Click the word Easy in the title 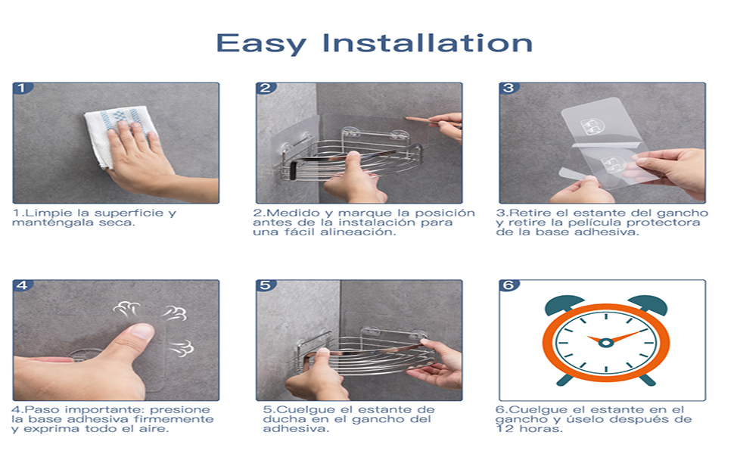[261, 44]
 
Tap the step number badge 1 [22, 88]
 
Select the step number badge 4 [22, 285]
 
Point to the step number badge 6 [509, 285]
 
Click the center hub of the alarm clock [605, 343]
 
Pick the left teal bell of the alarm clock [564, 304]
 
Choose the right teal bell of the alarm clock [648, 304]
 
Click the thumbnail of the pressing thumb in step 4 [143, 331]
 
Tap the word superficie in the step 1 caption [126, 213]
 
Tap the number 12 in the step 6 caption [505, 429]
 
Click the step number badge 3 [509, 88]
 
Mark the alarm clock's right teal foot [647, 380]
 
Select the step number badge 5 [266, 285]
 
